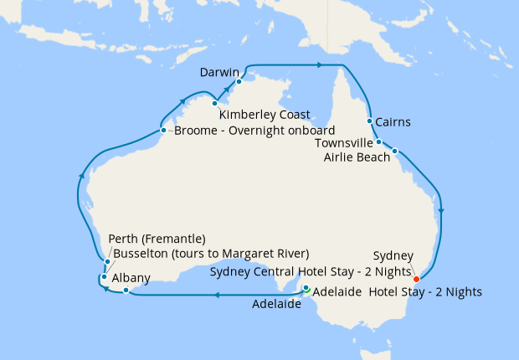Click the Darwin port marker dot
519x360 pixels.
239,81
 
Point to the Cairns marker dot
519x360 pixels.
369,121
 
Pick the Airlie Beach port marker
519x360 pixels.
394,152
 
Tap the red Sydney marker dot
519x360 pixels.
416,279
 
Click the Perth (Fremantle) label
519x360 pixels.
158,239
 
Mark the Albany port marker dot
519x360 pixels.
125,291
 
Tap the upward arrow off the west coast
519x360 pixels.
81,176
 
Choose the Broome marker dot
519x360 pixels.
163,130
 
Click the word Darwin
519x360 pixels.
219,73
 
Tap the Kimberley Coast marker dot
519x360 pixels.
215,104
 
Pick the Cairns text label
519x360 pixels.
393,122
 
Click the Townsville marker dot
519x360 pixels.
379,142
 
